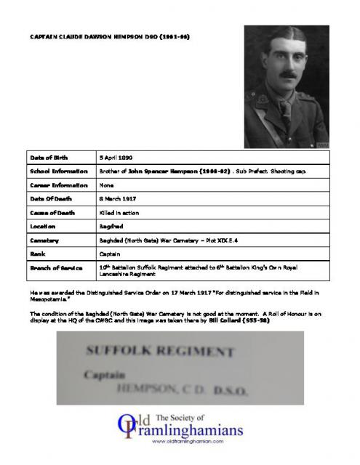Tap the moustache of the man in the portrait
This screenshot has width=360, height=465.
pyautogui.click(x=288, y=74)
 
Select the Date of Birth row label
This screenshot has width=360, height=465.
pyautogui.click(x=49, y=158)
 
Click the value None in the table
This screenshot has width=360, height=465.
pyautogui.click(x=106, y=185)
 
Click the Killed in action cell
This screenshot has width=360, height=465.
pyautogui.click(x=119, y=213)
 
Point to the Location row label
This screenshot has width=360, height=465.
pyautogui.click(x=44, y=227)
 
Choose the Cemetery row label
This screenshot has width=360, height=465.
pyautogui.click(x=46, y=240)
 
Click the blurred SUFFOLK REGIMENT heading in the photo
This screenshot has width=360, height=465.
pyautogui.click(x=159, y=351)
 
